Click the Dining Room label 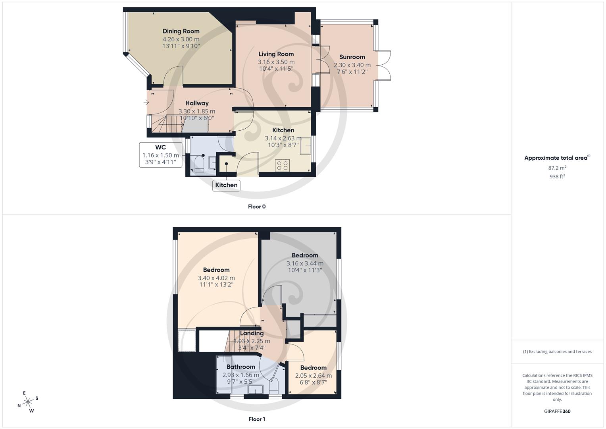point(181,31)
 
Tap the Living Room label point(276,54)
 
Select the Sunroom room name point(352,57)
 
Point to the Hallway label point(197,103)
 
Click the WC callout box point(161,155)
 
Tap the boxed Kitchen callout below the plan point(226,185)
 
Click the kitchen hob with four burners point(283,165)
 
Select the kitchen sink point(306,145)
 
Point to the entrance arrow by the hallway point(146,102)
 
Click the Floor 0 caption point(257,207)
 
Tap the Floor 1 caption point(257,419)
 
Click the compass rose point(28,402)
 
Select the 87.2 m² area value point(557,168)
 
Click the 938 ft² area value point(557,177)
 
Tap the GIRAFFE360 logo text point(557,411)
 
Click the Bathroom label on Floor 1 point(240,367)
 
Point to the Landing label point(252,333)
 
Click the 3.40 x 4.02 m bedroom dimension point(216,278)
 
